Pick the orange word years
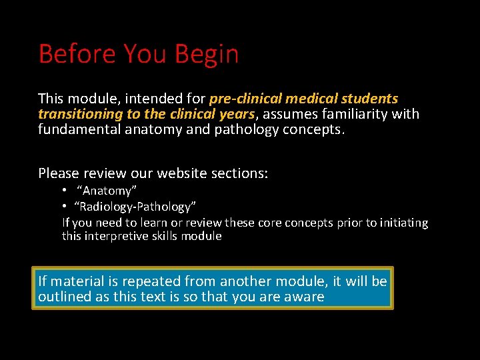coord(237,114)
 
